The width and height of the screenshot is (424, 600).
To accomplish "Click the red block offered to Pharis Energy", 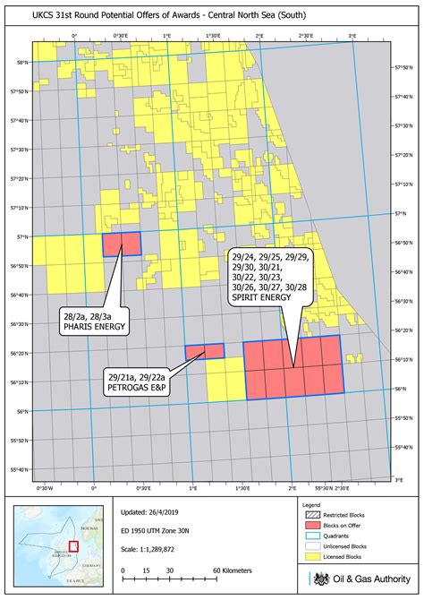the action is point(123,244).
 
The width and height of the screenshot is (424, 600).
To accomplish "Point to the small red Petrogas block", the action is point(205,351).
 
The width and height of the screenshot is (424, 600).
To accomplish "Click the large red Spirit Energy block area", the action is point(293,367).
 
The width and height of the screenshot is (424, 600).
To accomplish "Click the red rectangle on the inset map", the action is point(73,545).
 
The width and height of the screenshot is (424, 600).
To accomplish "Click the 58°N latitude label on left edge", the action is point(21,62).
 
